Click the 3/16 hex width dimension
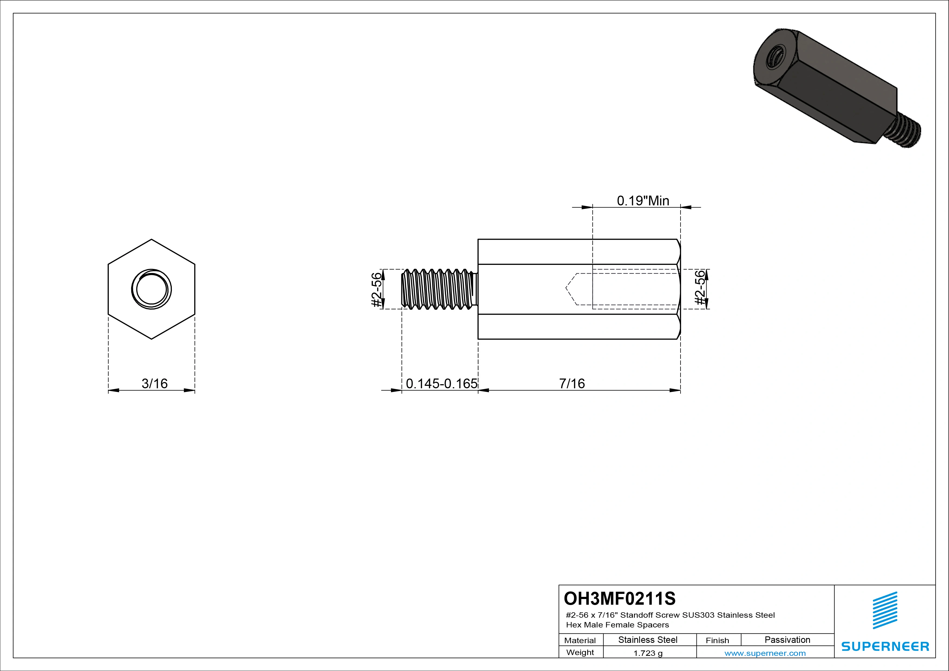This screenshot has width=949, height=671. coord(155,383)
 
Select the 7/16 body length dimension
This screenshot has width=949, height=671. coord(572,383)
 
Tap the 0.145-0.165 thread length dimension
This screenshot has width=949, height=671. coord(441,383)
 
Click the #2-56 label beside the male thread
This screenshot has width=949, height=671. coord(376,289)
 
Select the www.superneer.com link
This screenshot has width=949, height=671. coord(765,653)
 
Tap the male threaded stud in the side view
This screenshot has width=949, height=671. coord(438,289)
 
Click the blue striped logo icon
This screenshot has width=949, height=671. coord(885,610)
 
